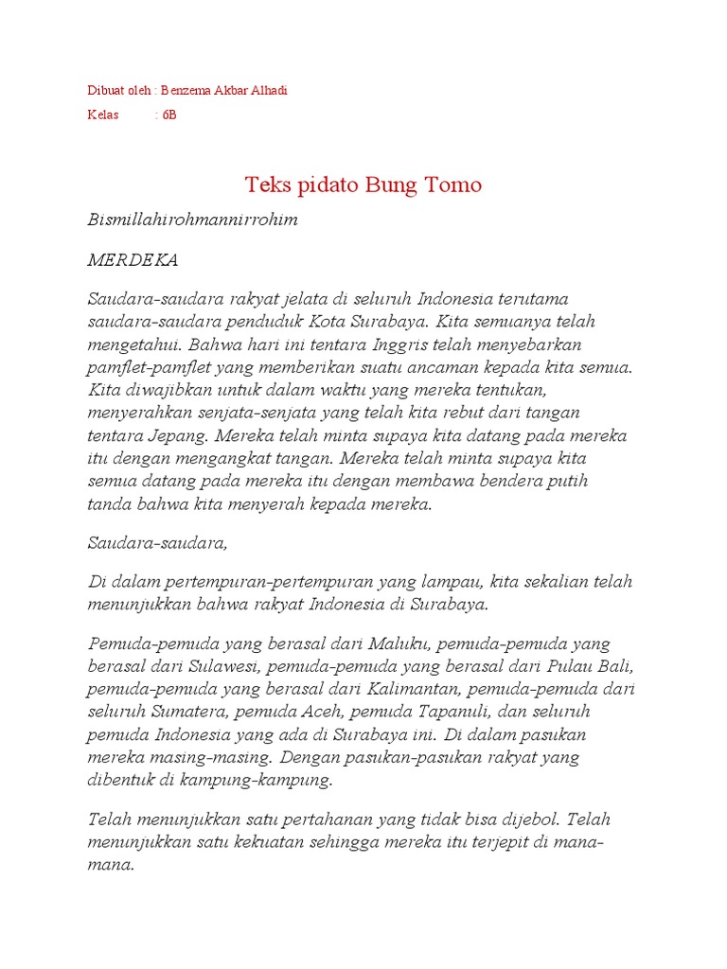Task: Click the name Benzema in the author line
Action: coord(186,91)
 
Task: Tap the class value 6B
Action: coord(168,115)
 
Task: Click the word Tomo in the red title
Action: coord(451,184)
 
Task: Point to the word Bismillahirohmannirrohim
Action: coord(192,220)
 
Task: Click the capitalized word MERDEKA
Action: coord(133,259)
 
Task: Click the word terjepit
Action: coord(470,842)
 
